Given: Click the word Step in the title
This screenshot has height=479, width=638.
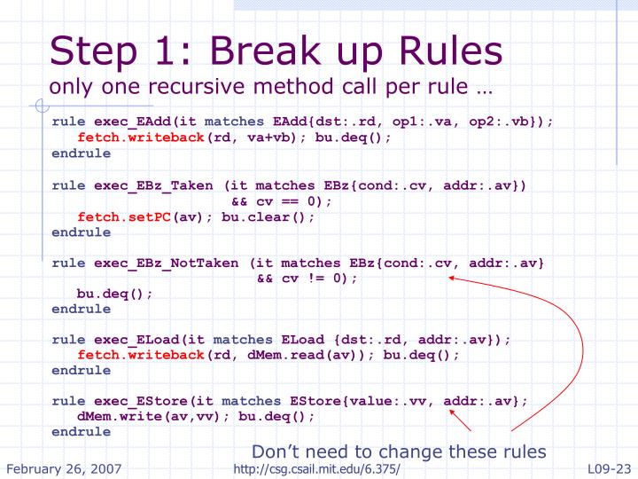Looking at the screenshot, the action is click(x=93, y=51).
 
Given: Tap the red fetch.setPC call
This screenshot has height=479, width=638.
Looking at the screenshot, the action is click(x=124, y=217).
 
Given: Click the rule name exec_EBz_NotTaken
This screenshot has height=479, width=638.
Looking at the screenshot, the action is click(x=167, y=263).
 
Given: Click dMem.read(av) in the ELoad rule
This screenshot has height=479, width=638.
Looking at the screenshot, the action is click(x=300, y=355).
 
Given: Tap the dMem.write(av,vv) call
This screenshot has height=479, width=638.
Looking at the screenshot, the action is click(x=148, y=417).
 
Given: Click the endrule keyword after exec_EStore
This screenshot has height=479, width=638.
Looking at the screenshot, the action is click(x=81, y=432).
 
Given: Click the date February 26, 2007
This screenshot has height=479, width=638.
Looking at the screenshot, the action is click(x=64, y=469).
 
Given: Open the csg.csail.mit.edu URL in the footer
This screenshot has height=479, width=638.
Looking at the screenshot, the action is click(x=316, y=469).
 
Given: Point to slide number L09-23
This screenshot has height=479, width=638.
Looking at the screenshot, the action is click(x=609, y=469).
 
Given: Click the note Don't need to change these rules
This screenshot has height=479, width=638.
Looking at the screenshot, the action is click(x=399, y=452).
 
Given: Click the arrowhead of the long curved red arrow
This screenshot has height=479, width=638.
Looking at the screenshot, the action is click(x=451, y=278).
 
